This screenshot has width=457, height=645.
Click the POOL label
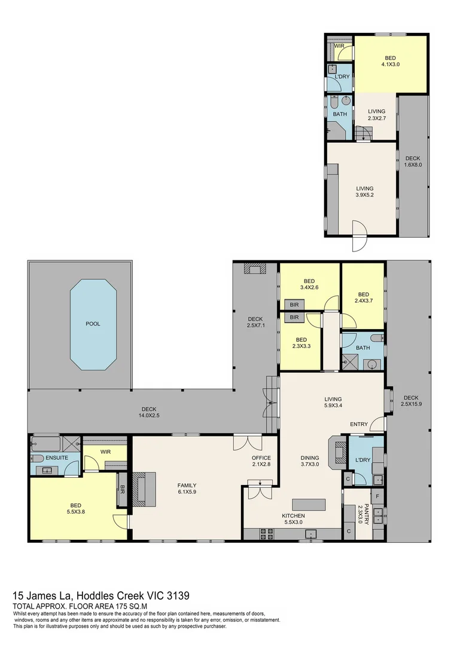(x=93, y=324)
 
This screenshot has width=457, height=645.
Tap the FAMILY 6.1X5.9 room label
(x=187, y=489)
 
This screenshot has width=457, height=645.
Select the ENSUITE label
(x=57, y=457)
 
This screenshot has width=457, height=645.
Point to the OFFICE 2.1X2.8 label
(x=261, y=460)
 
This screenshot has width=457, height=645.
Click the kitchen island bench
(x=309, y=504)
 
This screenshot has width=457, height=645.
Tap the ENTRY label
(x=358, y=424)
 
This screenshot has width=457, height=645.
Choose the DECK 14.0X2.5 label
(x=149, y=412)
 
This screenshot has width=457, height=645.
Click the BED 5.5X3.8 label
(x=75, y=508)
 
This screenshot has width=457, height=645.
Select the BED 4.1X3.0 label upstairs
(x=390, y=61)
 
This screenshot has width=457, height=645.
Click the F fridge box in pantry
(x=378, y=496)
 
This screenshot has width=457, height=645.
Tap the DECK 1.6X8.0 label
(x=413, y=161)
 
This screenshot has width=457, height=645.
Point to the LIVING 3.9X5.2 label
(x=365, y=192)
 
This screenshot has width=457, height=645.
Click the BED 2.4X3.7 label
(x=364, y=297)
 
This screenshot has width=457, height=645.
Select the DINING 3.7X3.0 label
(x=309, y=460)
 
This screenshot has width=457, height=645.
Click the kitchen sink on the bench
(x=310, y=534)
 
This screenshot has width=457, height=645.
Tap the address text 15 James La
(x=42, y=595)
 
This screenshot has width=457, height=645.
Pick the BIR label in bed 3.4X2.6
(x=294, y=305)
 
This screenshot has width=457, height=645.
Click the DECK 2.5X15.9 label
(x=411, y=401)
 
